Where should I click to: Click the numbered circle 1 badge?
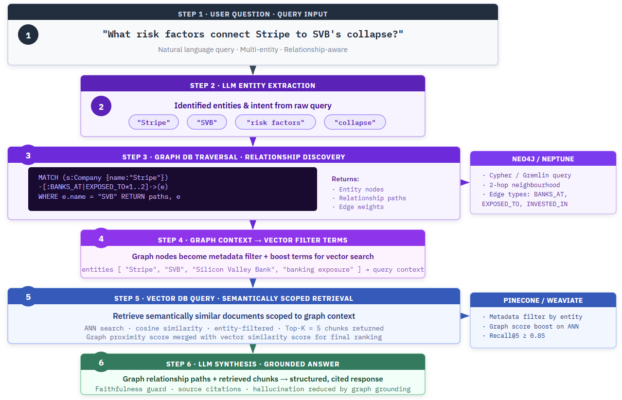28,35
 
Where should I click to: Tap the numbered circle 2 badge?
101,106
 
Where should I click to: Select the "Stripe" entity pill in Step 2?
154,122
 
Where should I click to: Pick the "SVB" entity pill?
207,122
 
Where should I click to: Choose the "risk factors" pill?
275,122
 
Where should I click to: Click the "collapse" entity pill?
355,122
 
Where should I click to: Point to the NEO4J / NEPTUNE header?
543,159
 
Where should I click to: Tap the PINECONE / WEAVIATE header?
543,300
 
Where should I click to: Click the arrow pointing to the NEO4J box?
465,182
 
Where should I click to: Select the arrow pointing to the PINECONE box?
465,315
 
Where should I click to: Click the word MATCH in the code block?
48,178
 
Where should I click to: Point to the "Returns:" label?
345,179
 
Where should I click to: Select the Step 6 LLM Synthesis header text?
253,364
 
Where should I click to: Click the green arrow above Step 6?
253,348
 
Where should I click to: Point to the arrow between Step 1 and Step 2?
253,70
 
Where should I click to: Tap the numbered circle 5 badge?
28,297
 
